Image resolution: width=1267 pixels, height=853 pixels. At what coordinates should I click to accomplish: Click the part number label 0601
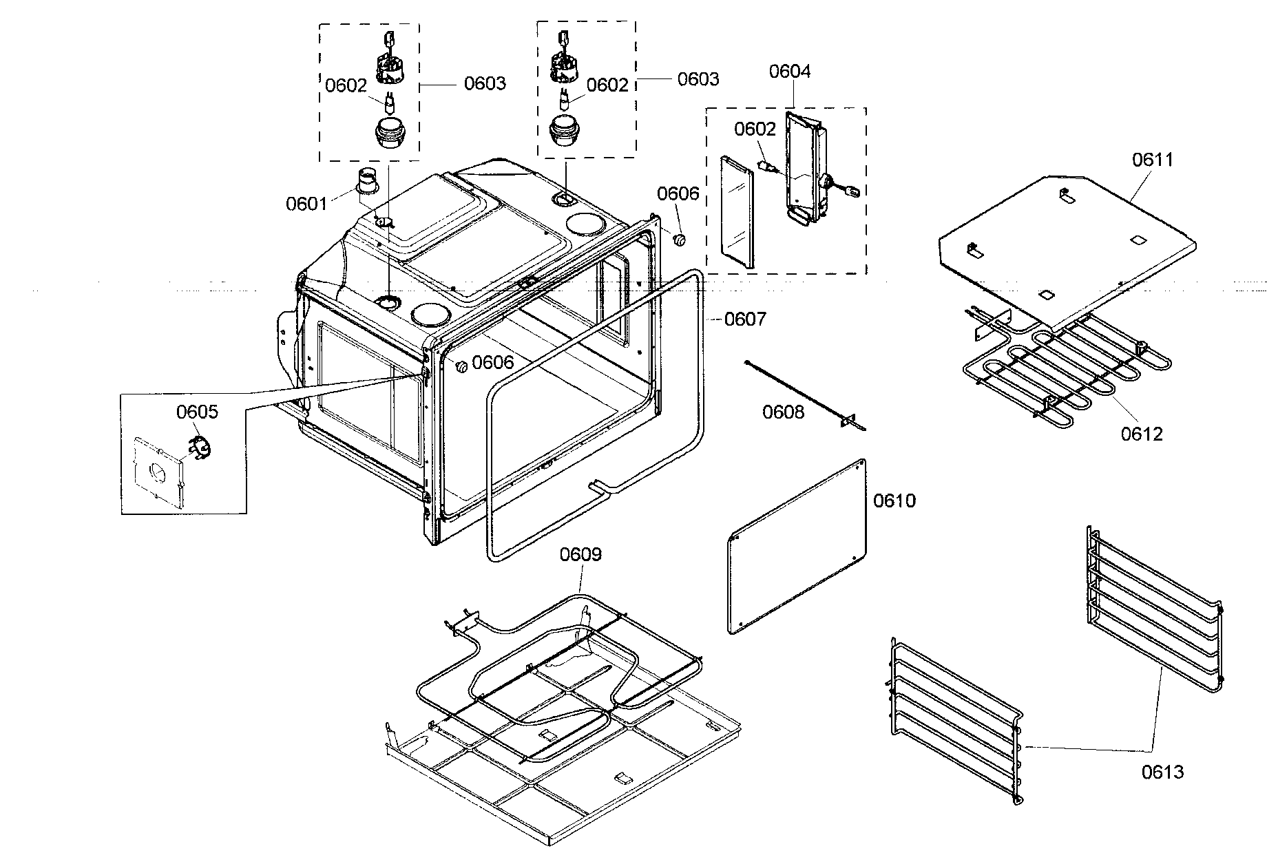[306, 204]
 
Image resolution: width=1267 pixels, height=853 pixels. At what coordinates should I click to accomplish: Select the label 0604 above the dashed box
[790, 72]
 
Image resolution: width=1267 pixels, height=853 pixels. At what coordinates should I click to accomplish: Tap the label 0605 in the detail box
[197, 412]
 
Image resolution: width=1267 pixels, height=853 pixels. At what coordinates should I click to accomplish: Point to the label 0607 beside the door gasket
[745, 319]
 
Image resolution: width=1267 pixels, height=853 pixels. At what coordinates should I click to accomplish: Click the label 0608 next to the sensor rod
[783, 412]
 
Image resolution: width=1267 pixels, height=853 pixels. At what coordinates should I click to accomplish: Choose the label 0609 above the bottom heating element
[580, 554]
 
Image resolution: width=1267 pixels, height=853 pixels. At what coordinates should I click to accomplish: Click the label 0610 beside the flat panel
[894, 501]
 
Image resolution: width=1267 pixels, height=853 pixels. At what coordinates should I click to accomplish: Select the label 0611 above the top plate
[1153, 160]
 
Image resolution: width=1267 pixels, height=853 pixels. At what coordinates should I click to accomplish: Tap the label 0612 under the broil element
[1141, 434]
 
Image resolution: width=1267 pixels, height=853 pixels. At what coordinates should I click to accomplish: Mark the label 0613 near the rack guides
[1162, 772]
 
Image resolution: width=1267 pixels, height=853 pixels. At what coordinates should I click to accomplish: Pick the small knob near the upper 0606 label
[680, 239]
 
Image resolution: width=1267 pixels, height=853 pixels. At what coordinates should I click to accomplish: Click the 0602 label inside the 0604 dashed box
[755, 129]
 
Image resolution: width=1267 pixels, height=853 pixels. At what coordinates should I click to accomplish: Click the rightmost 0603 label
[698, 79]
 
